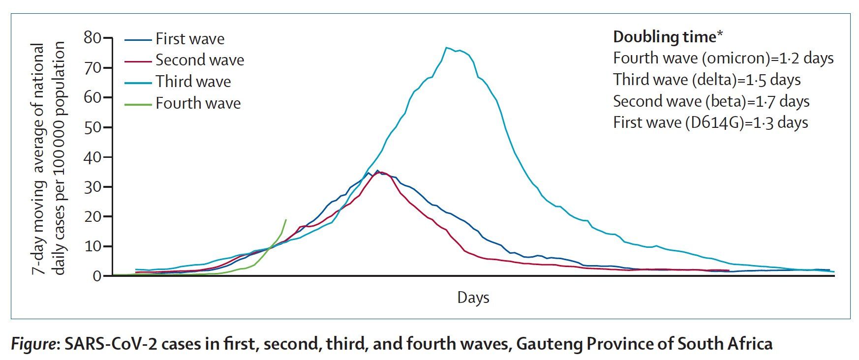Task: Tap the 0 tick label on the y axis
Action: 96,276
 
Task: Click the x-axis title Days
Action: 473,298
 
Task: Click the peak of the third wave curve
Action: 446,48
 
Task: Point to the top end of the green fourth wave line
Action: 286,219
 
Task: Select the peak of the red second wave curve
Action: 380,172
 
